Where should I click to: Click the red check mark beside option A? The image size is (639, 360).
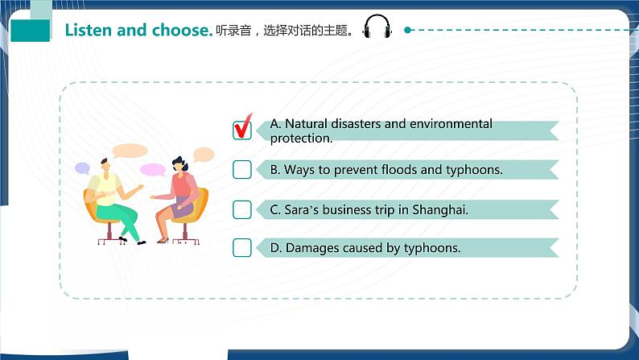point(243,127)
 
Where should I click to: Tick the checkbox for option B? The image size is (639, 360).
point(241,169)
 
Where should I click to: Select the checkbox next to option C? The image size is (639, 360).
point(241,209)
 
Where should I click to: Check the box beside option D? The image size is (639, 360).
point(241,248)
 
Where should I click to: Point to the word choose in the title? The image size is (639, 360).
point(183,31)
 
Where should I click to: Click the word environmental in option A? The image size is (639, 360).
point(451,124)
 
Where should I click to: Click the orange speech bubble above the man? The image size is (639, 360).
point(130,151)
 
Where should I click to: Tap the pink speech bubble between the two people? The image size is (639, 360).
point(152,170)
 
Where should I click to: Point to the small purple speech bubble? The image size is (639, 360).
point(82,168)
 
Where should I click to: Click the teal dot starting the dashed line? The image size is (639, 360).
point(408,30)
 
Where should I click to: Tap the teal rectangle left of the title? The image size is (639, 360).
point(31,31)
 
